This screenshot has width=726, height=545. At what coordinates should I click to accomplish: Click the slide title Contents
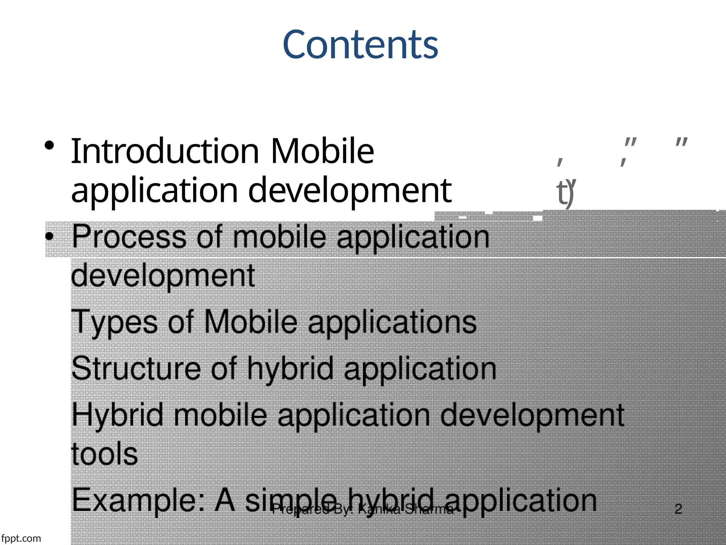360,45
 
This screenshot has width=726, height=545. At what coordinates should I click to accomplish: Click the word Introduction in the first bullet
165,152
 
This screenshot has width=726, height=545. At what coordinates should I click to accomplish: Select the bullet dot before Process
49,237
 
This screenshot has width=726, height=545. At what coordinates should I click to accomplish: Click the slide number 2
678,509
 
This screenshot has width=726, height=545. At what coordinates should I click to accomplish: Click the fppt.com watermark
21,538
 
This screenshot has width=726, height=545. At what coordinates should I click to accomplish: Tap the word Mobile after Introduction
322,152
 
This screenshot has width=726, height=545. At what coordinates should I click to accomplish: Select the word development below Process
163,276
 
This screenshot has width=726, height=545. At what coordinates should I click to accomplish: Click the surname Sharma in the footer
429,509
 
